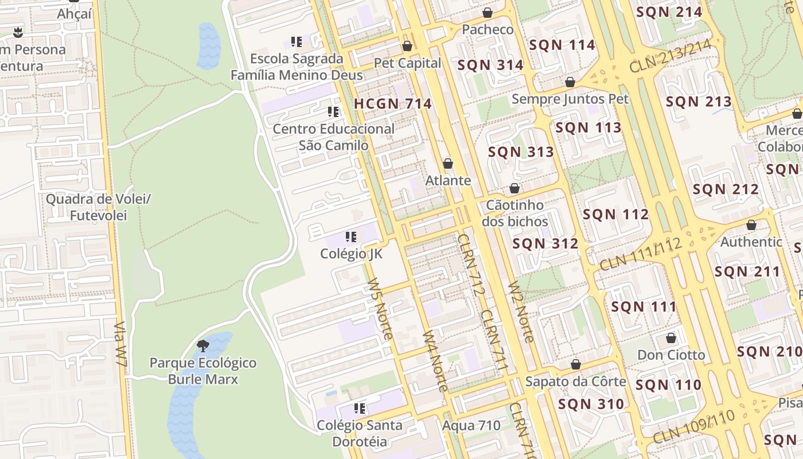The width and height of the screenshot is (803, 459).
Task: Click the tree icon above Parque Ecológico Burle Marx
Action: coord(202,345)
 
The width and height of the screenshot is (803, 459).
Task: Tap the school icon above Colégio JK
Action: coord(351,236)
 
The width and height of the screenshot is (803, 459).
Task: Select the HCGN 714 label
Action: coord(393,104)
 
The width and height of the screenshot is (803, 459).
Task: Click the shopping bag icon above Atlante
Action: coord(448,164)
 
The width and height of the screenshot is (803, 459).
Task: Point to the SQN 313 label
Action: coord(521,152)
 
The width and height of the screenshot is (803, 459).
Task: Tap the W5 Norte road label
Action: coord(380,309)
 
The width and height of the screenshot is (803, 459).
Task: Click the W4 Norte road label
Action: coord(435,361)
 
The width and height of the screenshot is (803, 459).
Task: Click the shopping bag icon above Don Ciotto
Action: coord(671,338)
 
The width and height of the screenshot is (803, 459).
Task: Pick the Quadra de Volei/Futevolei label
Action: coord(98,208)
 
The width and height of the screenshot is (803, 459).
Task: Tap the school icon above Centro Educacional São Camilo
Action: coord(333,111)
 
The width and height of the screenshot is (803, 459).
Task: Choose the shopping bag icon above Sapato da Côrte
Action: coord(576,364)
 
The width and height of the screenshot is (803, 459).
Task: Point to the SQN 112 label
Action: coord(616,215)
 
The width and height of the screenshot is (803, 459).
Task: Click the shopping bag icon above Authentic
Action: coord(751,225)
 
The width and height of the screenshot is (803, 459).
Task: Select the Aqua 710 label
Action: coord(471,426)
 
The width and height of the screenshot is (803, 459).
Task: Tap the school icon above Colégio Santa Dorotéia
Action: coord(360,409)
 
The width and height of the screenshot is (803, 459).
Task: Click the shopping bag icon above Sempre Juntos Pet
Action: coord(570,82)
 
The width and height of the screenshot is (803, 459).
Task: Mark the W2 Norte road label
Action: coord(521,312)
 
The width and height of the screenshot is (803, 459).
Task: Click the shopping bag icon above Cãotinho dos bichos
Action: coord(514,188)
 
